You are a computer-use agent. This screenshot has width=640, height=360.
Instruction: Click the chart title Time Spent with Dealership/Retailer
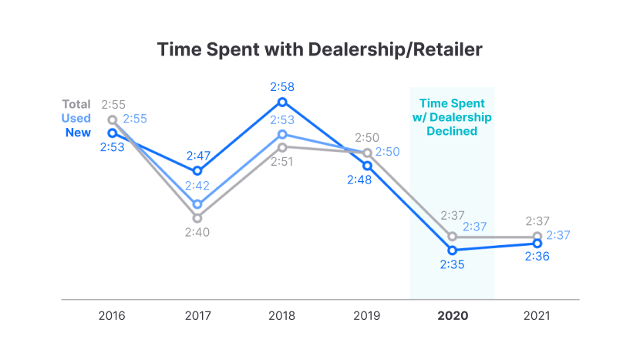320,49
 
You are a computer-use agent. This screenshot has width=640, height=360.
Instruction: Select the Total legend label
76,104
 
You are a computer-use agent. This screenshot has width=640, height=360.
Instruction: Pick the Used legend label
76,118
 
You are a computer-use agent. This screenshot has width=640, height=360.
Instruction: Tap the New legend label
78,133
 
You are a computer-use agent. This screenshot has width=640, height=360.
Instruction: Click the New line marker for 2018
282,102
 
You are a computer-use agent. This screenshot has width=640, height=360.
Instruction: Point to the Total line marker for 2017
197,218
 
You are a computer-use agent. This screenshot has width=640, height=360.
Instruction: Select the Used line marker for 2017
197,204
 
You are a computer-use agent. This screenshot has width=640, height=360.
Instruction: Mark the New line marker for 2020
452,251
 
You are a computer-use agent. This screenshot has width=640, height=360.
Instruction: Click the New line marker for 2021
537,244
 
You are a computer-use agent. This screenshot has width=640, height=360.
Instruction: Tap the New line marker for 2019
367,166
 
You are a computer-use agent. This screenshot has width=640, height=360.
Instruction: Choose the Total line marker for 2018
282,146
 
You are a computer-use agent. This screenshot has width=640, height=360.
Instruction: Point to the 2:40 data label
197,232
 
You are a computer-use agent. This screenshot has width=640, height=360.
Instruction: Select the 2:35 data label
452,264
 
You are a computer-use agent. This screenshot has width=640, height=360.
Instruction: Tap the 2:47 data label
197,155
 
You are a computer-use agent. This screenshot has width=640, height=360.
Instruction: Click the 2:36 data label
537,257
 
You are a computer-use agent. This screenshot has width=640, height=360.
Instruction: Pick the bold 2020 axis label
452,316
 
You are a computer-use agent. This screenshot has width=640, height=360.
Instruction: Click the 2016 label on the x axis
113,316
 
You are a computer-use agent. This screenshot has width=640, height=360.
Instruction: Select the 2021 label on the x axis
537,316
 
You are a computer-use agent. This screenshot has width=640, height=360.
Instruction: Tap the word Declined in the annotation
452,131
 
